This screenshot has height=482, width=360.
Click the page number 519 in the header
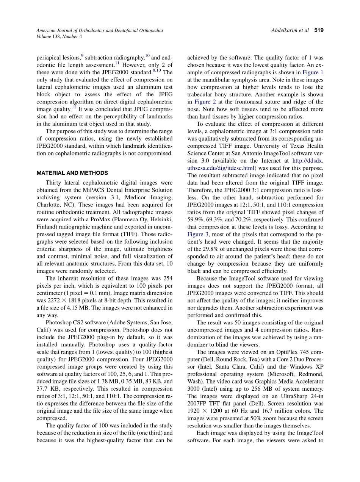pyautogui.click(x=319, y=30)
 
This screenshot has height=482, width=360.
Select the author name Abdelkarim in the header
pyautogui.click(x=285, y=30)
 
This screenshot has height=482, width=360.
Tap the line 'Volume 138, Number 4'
pyautogui.click(x=59, y=37)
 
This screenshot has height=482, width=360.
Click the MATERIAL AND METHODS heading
pyautogui.click(x=72, y=173)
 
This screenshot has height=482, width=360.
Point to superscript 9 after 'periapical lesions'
pyautogui.click(x=82, y=55)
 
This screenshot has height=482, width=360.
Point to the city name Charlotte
pyautogui.click(x=49, y=205)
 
